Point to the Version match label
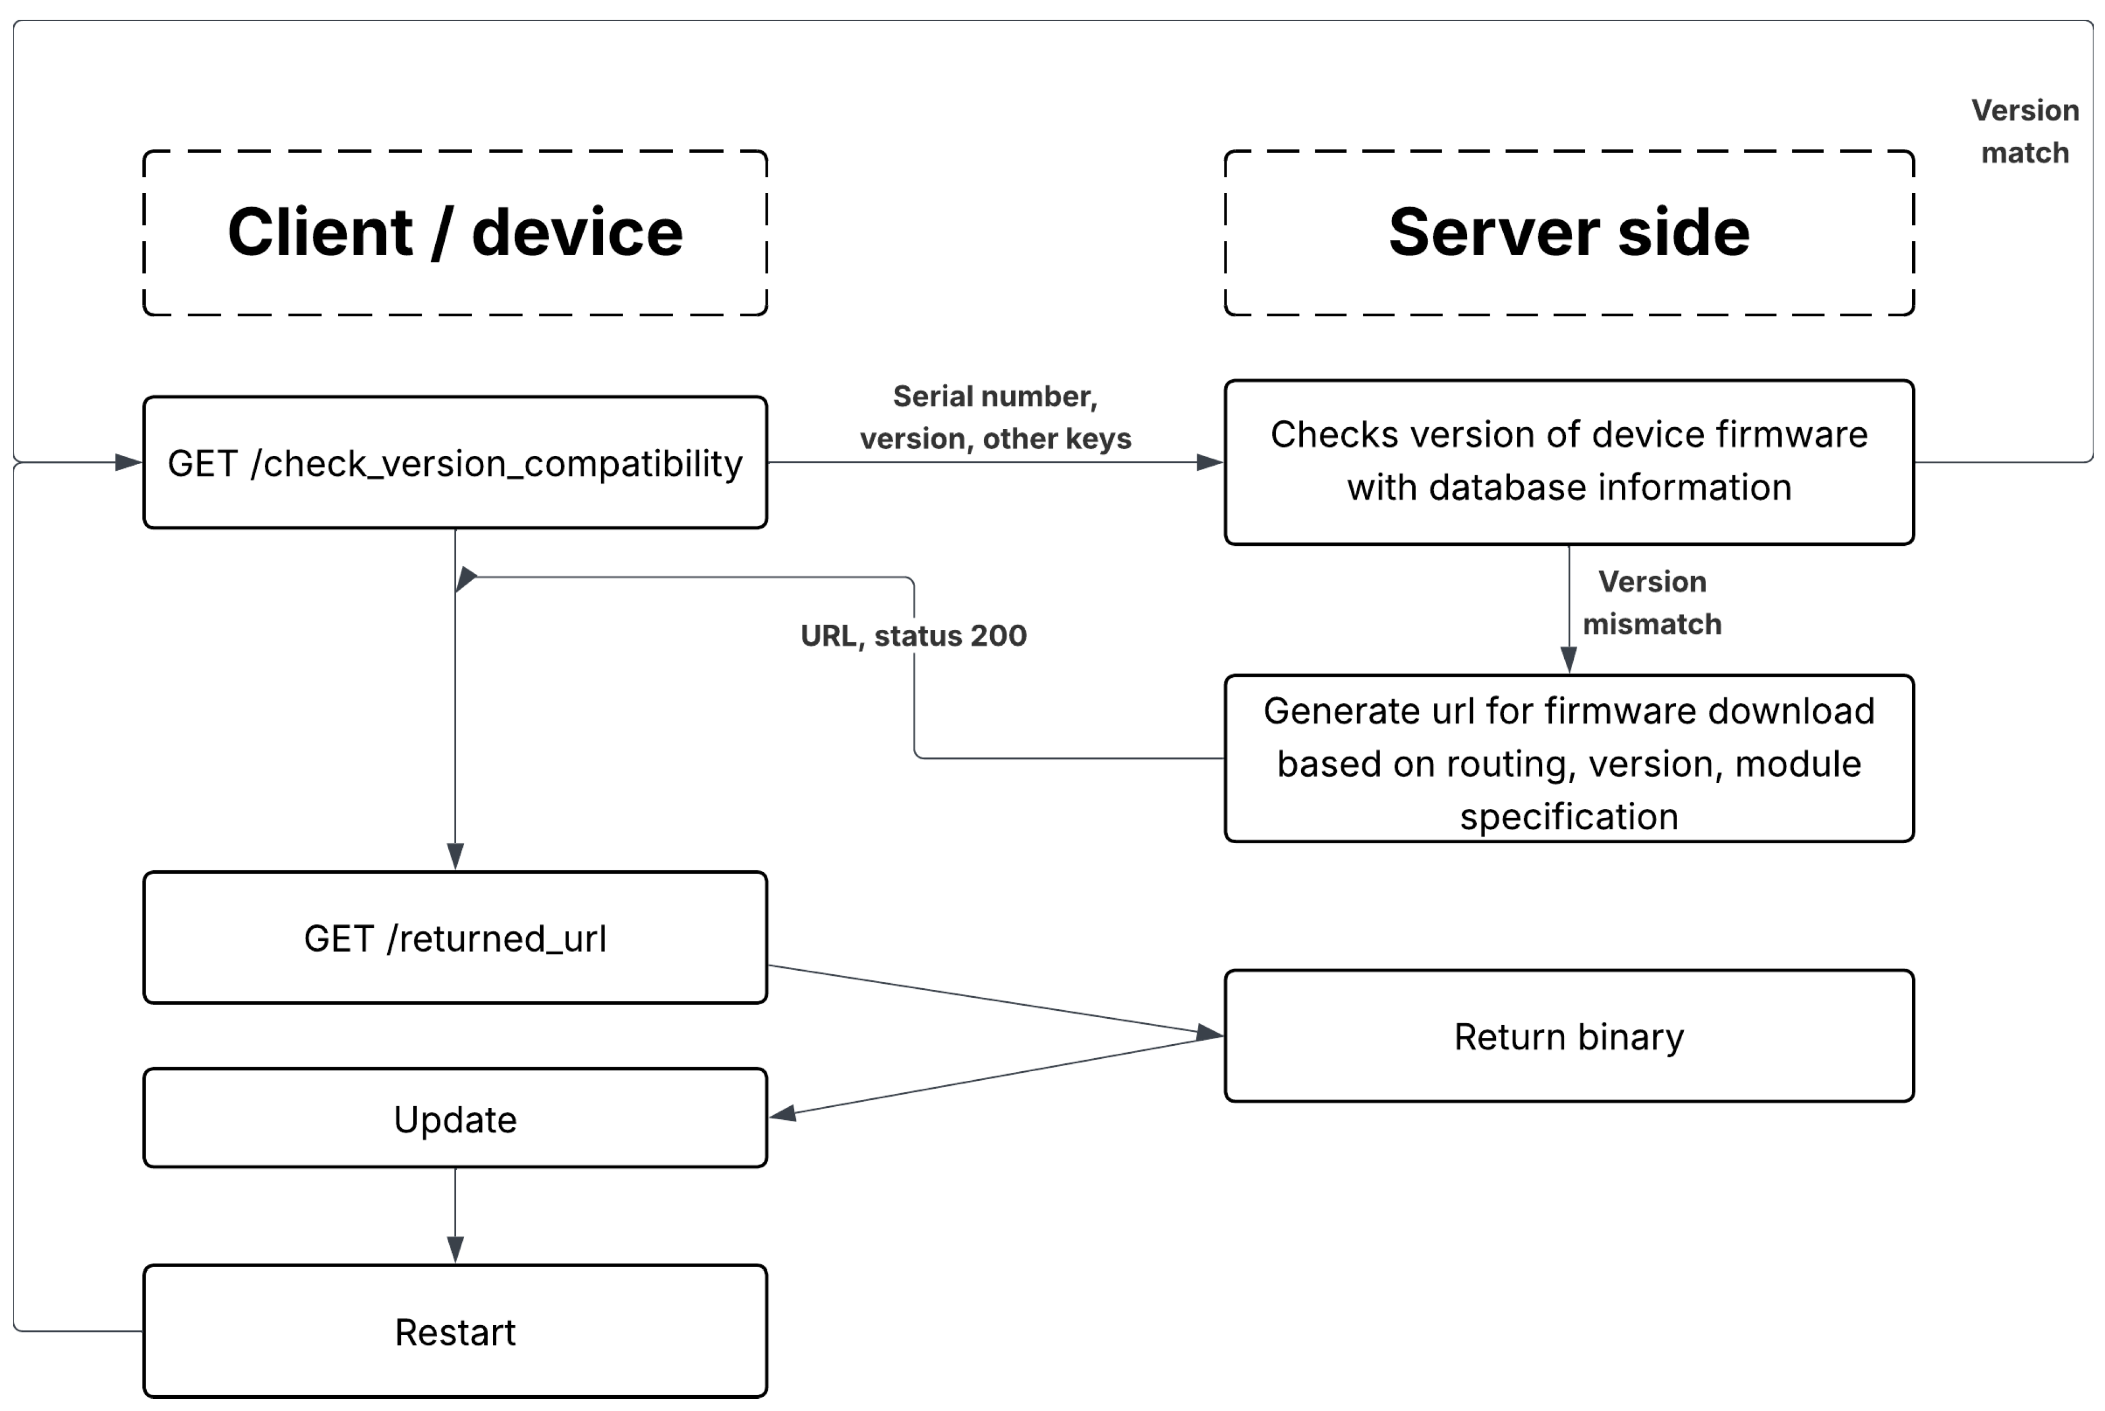point(2024,132)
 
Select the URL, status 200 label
point(913,636)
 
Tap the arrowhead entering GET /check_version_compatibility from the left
point(128,463)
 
